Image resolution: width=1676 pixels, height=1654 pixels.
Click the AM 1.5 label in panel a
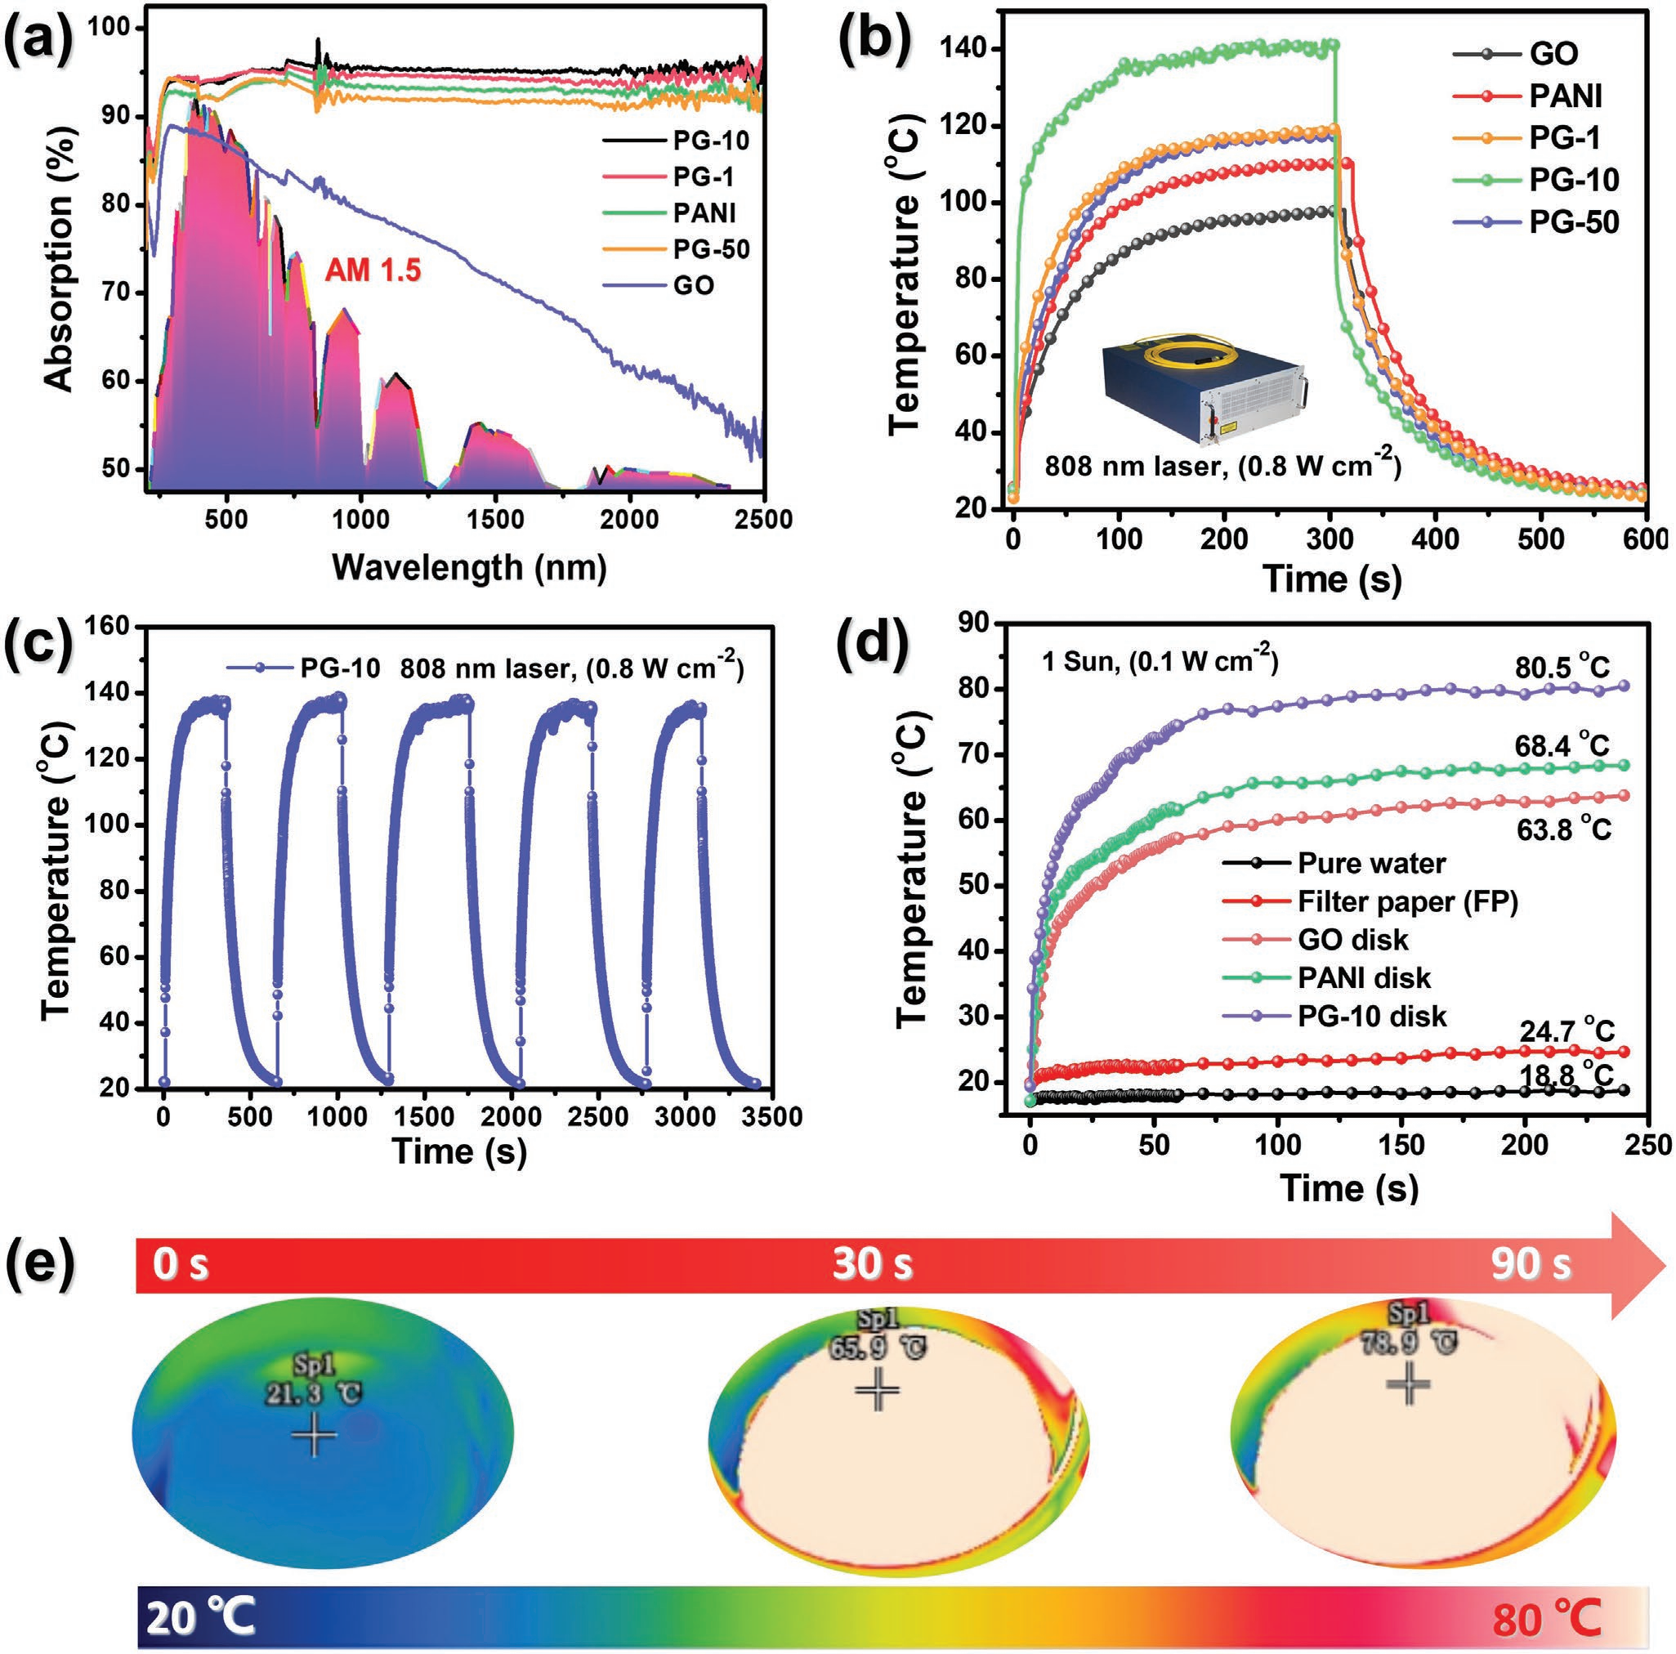(373, 270)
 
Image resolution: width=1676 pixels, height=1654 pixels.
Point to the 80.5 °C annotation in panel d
(1562, 668)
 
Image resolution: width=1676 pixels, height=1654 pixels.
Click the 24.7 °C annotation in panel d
(1566, 1031)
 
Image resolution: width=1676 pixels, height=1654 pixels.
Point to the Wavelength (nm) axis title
(468, 567)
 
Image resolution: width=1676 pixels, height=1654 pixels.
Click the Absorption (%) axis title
(59, 282)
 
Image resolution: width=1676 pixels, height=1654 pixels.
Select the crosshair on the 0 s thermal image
(314, 1437)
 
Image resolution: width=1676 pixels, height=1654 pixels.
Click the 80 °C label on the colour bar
(1547, 1616)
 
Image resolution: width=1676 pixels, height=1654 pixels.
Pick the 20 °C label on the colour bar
(200, 1617)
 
